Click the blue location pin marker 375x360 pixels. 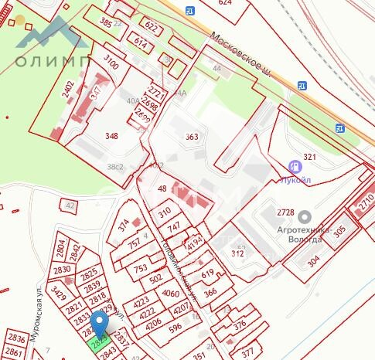click(100, 324)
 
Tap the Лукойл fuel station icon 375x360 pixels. click(294, 166)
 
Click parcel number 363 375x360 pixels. click(193, 137)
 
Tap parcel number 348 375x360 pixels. click(112, 136)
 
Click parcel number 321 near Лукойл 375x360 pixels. click(309, 157)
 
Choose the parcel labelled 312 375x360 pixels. click(238, 253)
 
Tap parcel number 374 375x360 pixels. click(124, 225)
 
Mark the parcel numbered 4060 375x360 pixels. click(170, 293)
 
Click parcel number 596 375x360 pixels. click(175, 327)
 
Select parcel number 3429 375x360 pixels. click(57, 292)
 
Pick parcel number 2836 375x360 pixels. click(16, 338)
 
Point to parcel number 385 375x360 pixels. click(106, 23)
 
